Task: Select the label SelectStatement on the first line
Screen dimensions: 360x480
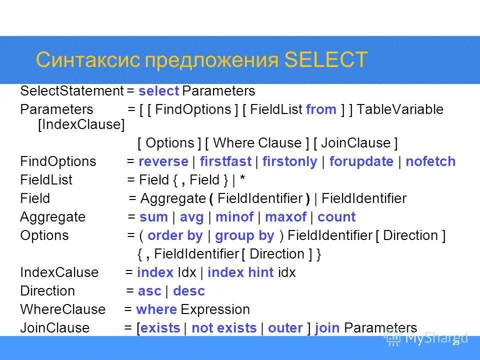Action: (x=71, y=91)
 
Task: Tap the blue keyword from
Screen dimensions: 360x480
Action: (x=321, y=109)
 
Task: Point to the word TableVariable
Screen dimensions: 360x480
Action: (x=400, y=109)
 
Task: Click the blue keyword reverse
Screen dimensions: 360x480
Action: (x=163, y=161)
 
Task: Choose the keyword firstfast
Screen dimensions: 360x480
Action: (x=224, y=161)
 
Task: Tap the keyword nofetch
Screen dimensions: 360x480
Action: (x=430, y=161)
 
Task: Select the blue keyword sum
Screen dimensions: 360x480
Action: (x=153, y=217)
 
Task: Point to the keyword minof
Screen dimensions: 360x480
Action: (x=234, y=217)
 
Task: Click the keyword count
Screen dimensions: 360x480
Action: (x=336, y=217)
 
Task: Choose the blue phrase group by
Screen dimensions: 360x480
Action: (x=244, y=235)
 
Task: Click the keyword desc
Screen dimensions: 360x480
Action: (x=188, y=291)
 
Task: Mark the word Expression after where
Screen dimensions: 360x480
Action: (x=215, y=309)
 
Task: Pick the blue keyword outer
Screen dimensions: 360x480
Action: (x=285, y=328)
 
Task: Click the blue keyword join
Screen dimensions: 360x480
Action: (x=327, y=328)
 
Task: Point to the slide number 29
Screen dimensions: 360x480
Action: (x=455, y=343)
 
